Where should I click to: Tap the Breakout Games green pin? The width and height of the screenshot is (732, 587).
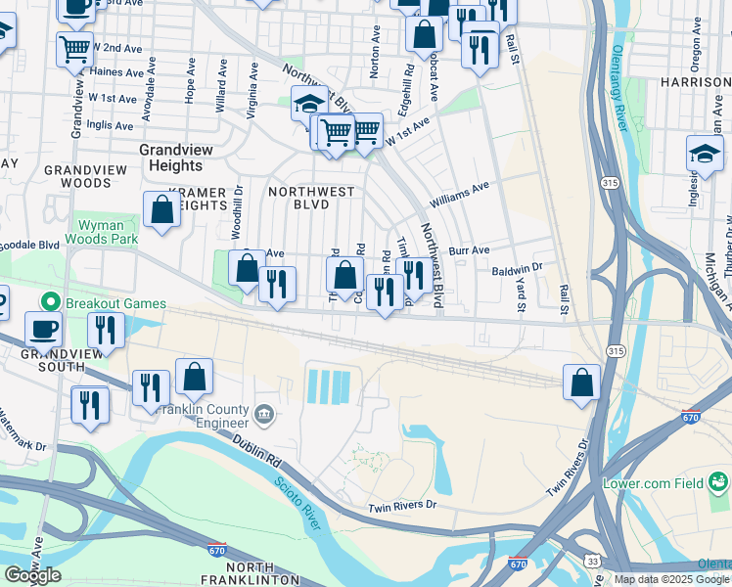(46, 302)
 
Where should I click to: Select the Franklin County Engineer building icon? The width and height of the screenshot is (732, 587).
(263, 415)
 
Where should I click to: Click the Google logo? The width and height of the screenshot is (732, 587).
(32, 575)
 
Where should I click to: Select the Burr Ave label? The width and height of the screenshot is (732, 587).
(469, 250)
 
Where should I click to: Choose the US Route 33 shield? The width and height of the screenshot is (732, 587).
(594, 559)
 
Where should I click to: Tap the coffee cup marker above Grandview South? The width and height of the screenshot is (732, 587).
(44, 330)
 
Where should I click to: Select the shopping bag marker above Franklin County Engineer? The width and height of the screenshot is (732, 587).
(194, 378)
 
